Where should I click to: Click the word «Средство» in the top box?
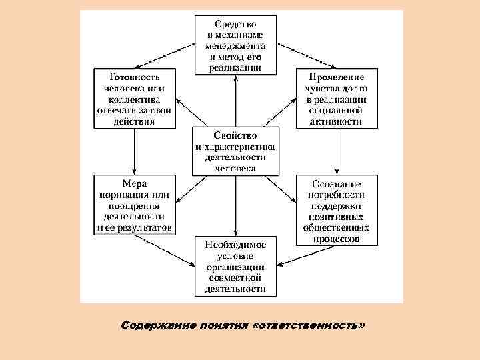[235, 25]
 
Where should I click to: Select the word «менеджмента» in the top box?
[235, 47]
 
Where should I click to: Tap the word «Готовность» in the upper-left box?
[134, 77]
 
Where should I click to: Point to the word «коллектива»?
[134, 99]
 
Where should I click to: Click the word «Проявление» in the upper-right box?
[336, 77]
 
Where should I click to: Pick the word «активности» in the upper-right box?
[336, 121]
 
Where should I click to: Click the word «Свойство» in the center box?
[235, 136]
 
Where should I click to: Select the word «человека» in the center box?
[235, 169]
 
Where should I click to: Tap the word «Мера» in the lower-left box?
[134, 184]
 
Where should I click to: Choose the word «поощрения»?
[134, 206]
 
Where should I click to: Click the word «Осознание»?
[336, 184]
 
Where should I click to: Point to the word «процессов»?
[336, 238]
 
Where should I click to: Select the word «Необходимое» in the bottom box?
[235, 245]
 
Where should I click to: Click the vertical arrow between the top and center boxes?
[235, 100]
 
